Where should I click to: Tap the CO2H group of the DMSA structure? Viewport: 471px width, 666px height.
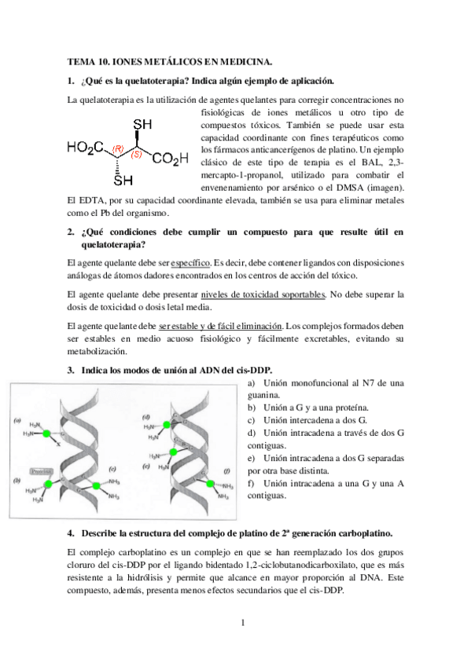pyautogui.click(x=171, y=159)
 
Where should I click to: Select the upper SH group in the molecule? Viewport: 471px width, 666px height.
pyautogui.click(x=142, y=124)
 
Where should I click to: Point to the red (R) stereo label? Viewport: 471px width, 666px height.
pyautogui.click(x=118, y=148)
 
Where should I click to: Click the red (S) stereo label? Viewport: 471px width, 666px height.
pyautogui.click(x=136, y=154)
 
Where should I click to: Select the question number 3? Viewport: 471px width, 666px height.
pyautogui.click(x=70, y=368)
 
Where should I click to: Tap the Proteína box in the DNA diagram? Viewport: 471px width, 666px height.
pyautogui.click(x=39, y=471)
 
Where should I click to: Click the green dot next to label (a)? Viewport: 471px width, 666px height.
pyautogui.click(x=47, y=434)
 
